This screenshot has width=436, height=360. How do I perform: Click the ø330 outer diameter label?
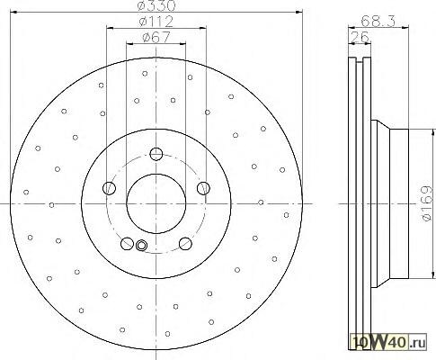(156, 5)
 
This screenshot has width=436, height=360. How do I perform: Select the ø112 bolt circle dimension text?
(156, 22)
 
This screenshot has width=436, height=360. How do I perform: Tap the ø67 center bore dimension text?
(156, 38)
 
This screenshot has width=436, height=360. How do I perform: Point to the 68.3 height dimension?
(378, 21)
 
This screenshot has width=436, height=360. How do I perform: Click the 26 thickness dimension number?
(360, 37)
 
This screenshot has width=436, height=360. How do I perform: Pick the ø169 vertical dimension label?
(427, 203)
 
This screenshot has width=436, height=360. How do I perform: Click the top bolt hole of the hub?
(156, 154)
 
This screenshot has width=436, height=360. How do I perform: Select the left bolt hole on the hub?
(109, 188)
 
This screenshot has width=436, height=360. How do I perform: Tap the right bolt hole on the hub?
(203, 188)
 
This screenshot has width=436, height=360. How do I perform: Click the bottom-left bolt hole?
(127, 243)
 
